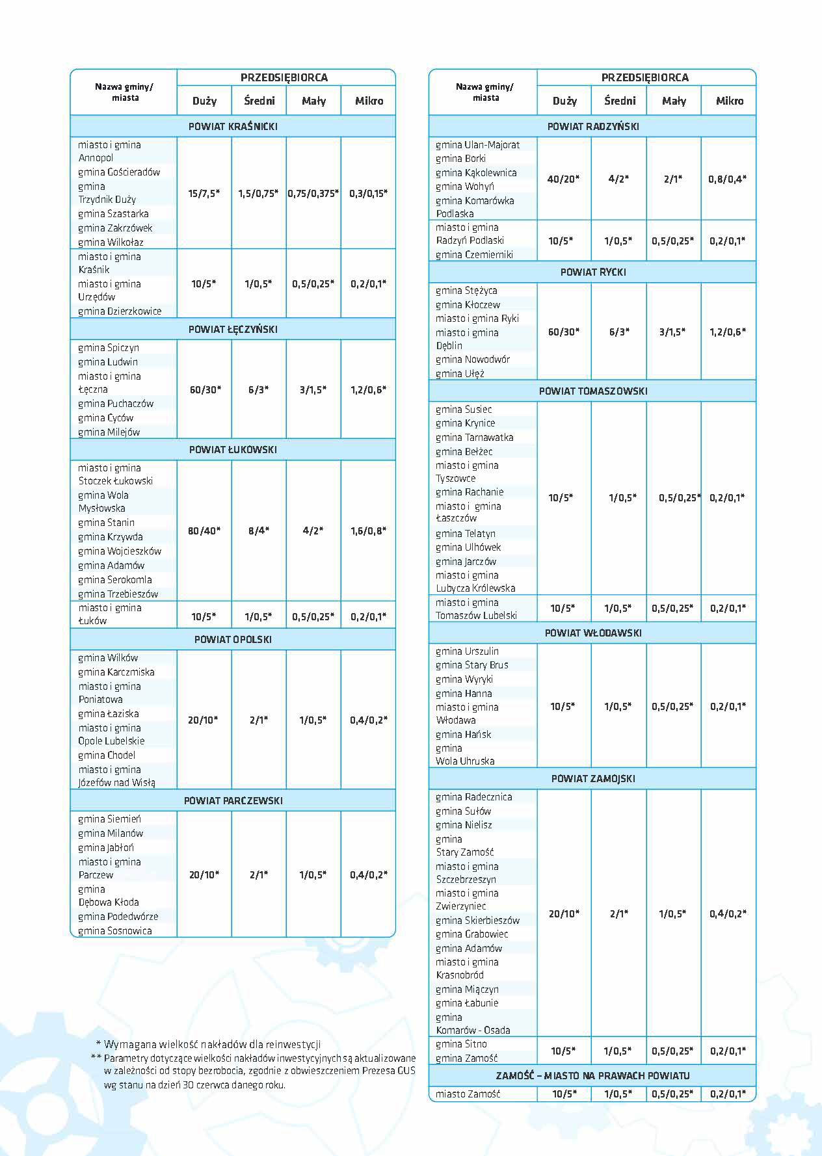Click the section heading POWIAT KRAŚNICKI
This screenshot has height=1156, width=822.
point(233,126)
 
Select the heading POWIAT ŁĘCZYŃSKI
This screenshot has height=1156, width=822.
point(233,329)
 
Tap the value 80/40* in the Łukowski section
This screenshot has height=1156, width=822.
point(204,531)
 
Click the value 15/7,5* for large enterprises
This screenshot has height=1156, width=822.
point(204,193)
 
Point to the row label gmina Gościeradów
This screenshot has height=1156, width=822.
point(119,172)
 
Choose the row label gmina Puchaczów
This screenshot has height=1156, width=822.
point(116,403)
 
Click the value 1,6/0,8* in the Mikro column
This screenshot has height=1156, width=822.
point(368,531)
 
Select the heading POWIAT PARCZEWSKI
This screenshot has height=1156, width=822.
point(233,800)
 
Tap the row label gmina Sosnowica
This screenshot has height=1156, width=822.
point(115,930)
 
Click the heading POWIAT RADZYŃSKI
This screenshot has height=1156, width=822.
point(592,126)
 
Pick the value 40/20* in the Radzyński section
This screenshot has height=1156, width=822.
point(563,179)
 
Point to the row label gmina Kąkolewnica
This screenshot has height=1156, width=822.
point(476,172)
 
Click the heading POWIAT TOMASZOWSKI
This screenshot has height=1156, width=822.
point(592,391)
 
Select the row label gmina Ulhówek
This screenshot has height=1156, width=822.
point(468,547)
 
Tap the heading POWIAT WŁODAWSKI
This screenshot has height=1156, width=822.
point(592,633)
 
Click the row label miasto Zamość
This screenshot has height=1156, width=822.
point(468,1094)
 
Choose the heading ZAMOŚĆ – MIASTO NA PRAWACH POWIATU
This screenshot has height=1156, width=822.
point(592,1075)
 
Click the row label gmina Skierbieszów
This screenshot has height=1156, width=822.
point(477,920)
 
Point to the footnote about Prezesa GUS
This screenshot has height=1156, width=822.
point(259,1071)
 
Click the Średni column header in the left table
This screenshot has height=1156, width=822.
point(259,101)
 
